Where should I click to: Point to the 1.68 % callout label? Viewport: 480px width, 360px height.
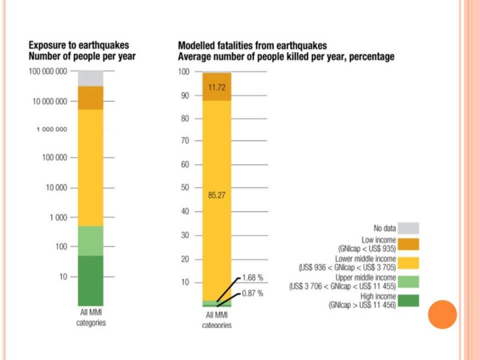252,277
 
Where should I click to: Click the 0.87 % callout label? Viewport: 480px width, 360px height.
252,293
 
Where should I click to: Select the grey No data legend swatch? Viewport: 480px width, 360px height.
409,227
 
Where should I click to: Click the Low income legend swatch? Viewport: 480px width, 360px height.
409,244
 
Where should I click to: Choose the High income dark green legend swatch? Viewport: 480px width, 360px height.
409,300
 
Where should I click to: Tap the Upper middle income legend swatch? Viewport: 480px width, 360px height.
409,281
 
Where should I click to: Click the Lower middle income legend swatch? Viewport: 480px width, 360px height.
409,263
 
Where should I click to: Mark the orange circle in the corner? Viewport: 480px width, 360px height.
441,314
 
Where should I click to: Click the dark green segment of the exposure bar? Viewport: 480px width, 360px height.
90,280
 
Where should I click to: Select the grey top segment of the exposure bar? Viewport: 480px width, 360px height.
90,78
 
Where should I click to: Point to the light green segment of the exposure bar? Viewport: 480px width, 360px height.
90,241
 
